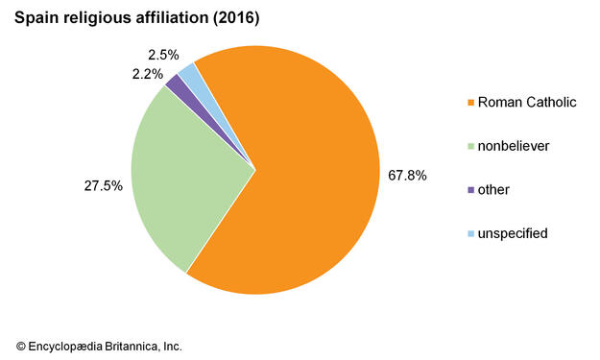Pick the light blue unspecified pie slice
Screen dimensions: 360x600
(189, 73)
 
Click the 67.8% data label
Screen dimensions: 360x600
(407, 177)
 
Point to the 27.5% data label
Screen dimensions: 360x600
(104, 186)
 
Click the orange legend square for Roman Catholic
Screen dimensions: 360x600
(469, 103)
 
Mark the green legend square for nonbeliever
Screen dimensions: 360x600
(469, 147)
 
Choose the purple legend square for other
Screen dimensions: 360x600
(469, 190)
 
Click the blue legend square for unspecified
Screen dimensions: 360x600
(469, 233)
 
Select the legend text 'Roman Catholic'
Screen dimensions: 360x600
(526, 103)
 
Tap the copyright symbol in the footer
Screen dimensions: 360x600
(21, 346)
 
